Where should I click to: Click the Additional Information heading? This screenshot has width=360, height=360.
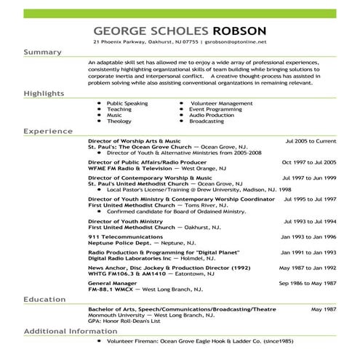point(71,331)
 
